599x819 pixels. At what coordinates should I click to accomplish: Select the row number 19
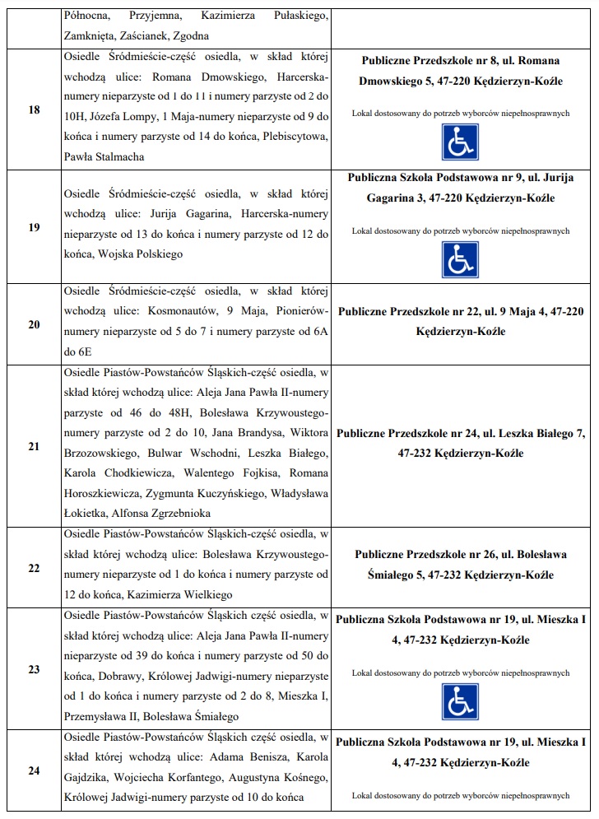point(34,227)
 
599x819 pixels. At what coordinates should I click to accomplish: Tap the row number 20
point(34,324)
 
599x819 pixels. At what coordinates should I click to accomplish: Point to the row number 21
point(34,446)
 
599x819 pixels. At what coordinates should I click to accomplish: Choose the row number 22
point(34,568)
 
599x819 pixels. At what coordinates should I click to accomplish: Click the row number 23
point(34,669)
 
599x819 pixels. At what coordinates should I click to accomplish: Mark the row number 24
point(34,770)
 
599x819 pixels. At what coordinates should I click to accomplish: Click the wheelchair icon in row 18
point(460,142)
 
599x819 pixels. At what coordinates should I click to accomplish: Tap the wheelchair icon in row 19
point(460,259)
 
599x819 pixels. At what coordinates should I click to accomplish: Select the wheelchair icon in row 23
point(460,701)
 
